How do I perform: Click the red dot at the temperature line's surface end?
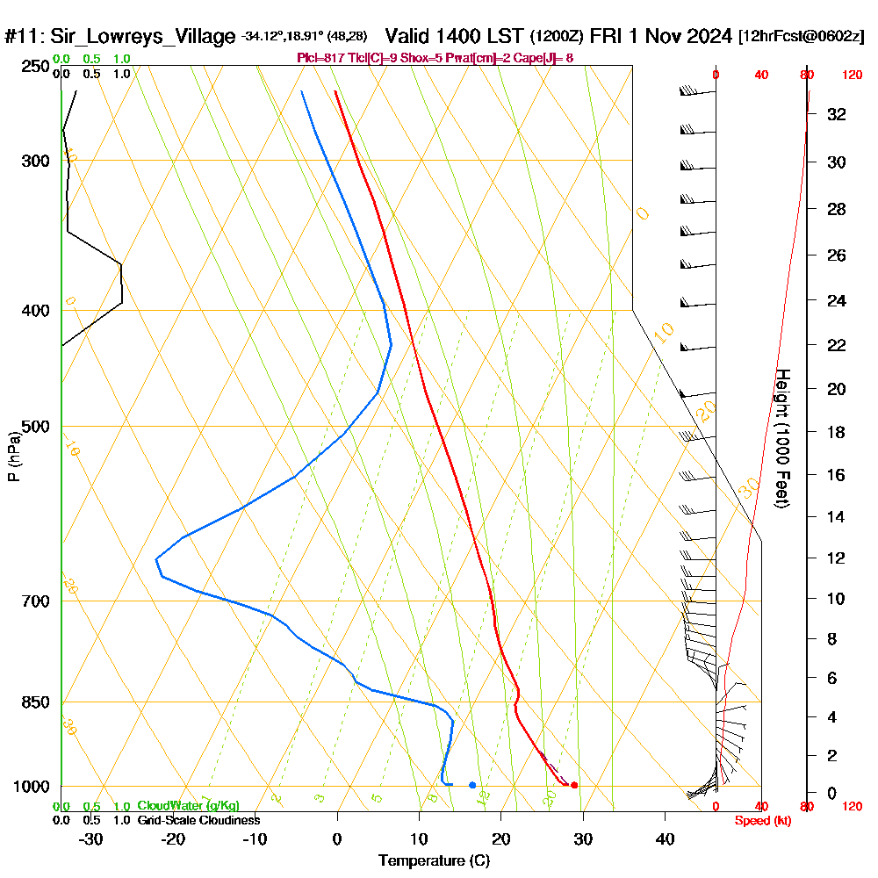click(574, 785)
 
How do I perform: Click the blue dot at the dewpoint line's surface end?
click(472, 785)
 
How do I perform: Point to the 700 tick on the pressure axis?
click(33, 601)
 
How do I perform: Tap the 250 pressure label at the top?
click(33, 67)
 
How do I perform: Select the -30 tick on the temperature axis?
click(91, 838)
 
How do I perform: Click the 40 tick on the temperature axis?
click(666, 838)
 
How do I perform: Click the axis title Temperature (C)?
click(434, 861)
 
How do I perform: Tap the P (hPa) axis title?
click(13, 456)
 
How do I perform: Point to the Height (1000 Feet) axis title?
click(781, 438)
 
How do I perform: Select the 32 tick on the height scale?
click(837, 114)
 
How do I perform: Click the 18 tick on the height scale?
click(837, 432)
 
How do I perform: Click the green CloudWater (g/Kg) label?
click(188, 806)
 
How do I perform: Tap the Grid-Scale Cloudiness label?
click(198, 820)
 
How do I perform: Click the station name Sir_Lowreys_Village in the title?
click(143, 37)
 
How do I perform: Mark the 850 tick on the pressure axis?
click(33, 702)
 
